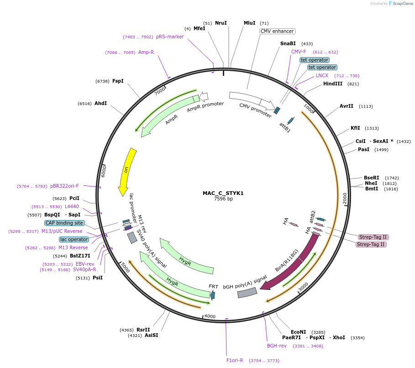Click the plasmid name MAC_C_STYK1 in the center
click(223, 193)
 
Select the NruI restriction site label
click(221, 23)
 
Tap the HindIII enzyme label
click(332, 84)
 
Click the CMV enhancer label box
click(278, 32)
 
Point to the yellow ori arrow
click(126, 171)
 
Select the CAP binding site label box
click(64, 223)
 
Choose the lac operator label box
click(74, 239)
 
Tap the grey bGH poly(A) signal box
click(247, 293)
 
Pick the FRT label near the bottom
click(214, 286)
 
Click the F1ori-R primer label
click(235, 360)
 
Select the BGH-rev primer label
click(277, 346)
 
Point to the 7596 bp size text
click(223, 199)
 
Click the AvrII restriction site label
click(347, 106)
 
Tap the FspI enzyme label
click(118, 81)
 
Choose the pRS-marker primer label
click(170, 37)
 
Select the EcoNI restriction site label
click(298, 332)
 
